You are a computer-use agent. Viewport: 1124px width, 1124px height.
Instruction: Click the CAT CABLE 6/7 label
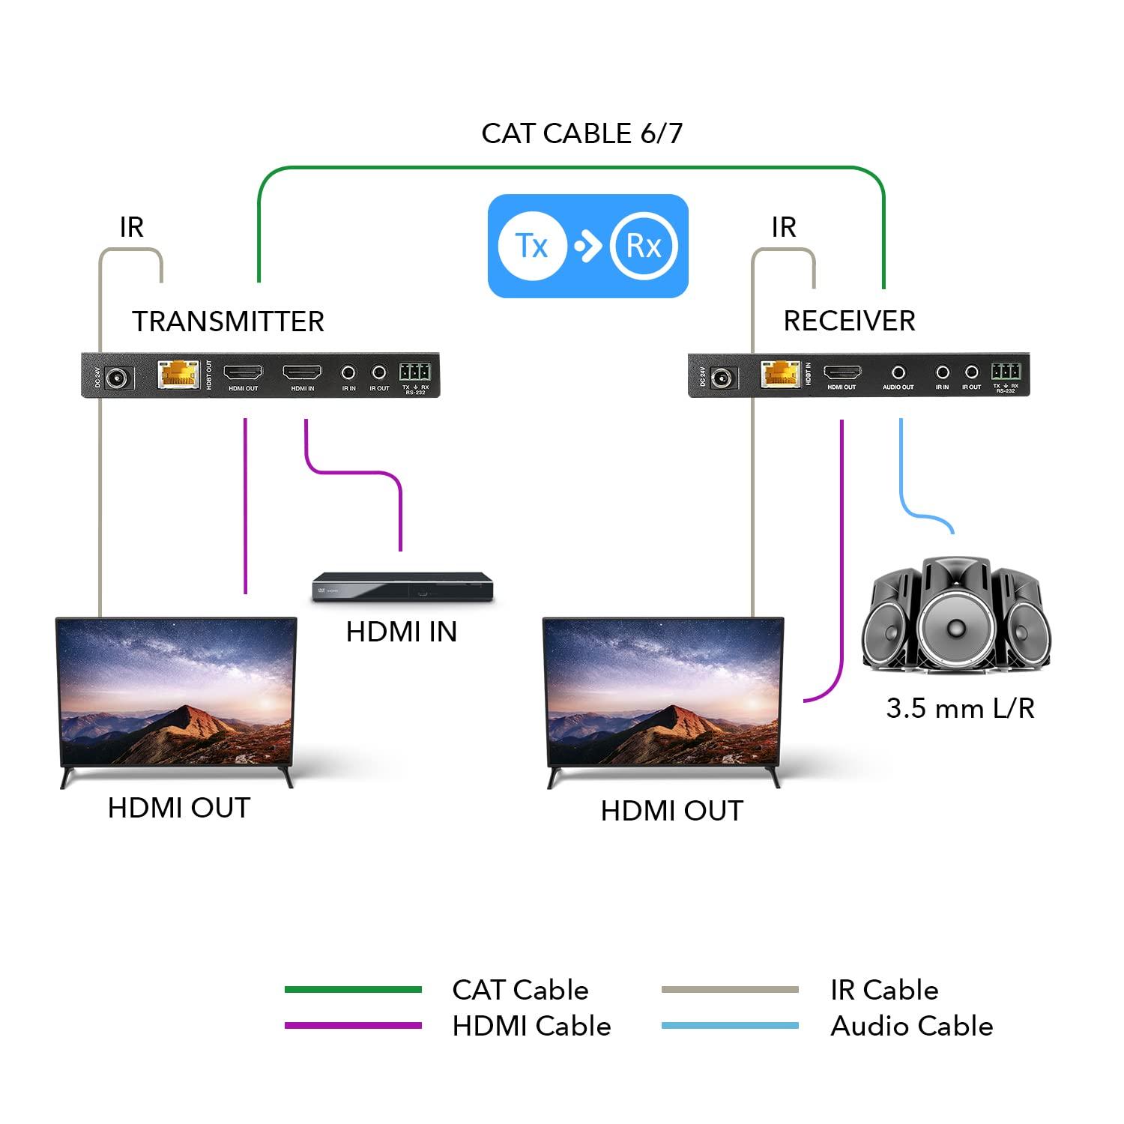581,133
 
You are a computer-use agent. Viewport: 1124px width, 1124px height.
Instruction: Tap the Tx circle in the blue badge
531,246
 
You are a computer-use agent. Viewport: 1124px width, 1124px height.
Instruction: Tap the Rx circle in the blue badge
643,246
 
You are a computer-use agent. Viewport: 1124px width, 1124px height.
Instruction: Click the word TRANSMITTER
228,321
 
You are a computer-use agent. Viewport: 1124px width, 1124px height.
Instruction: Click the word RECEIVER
849,321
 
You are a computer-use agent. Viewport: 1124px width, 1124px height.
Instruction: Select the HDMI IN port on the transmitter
302,372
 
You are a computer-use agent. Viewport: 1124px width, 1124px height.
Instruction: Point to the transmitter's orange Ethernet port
178,373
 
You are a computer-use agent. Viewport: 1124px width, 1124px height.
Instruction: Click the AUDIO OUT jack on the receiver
898,372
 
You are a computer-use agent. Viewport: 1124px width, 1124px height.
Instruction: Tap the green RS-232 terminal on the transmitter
414,372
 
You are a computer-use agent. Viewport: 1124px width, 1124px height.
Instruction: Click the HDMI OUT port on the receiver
842,372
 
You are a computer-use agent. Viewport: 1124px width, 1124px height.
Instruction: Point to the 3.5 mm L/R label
960,708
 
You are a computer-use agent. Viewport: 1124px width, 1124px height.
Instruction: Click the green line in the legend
353,990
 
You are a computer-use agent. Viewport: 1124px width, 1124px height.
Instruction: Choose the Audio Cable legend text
911,1026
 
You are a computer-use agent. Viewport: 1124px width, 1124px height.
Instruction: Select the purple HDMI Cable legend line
353,1026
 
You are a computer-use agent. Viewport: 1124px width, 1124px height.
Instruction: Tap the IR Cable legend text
884,990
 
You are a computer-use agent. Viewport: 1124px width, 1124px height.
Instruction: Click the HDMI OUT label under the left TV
178,808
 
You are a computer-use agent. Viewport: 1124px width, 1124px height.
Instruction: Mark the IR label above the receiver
783,227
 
